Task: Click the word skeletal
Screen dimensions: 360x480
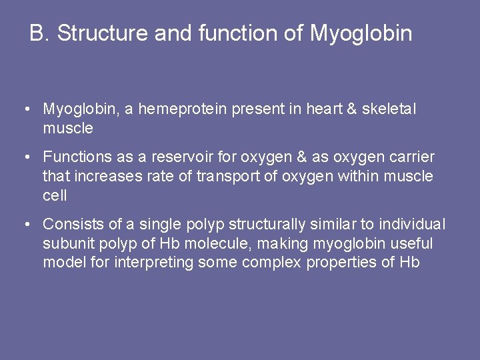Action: [389, 109]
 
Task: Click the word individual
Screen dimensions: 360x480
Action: [412, 225]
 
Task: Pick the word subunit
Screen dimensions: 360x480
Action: [67, 244]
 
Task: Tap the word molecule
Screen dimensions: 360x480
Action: [216, 244]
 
